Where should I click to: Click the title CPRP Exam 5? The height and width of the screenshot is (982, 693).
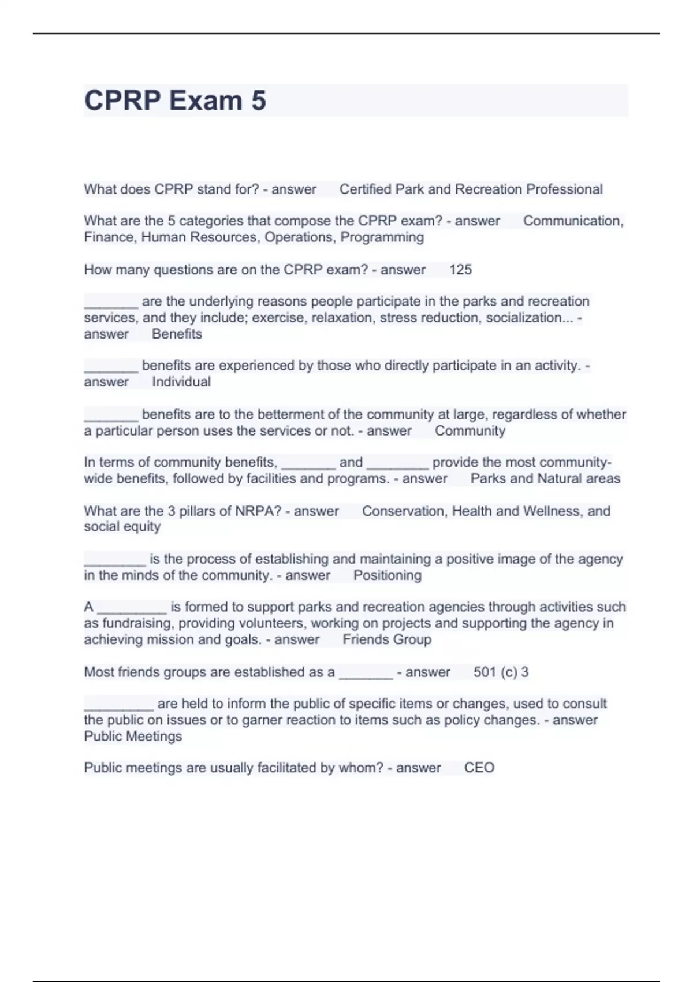coord(175,101)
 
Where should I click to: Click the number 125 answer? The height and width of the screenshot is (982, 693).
coord(460,270)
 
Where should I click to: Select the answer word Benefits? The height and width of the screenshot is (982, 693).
coord(177,334)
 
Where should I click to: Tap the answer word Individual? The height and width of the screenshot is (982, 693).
coord(181,382)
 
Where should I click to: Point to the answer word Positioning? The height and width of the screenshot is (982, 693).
coord(388,575)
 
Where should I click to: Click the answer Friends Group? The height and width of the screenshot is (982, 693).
coord(387,639)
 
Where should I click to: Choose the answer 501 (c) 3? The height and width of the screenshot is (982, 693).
coord(501,672)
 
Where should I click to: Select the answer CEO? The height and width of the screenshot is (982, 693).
coord(479,768)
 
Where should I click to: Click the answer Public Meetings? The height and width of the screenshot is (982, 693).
coord(133,736)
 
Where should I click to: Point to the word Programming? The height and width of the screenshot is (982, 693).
coord(382,237)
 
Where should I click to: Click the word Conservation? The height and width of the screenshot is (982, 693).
coord(404,511)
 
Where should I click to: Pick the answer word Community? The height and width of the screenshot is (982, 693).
coord(470,431)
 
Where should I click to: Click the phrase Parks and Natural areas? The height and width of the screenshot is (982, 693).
coord(545,479)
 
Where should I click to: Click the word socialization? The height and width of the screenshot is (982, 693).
coord(524,318)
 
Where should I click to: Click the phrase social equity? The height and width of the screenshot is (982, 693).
coord(122,527)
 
